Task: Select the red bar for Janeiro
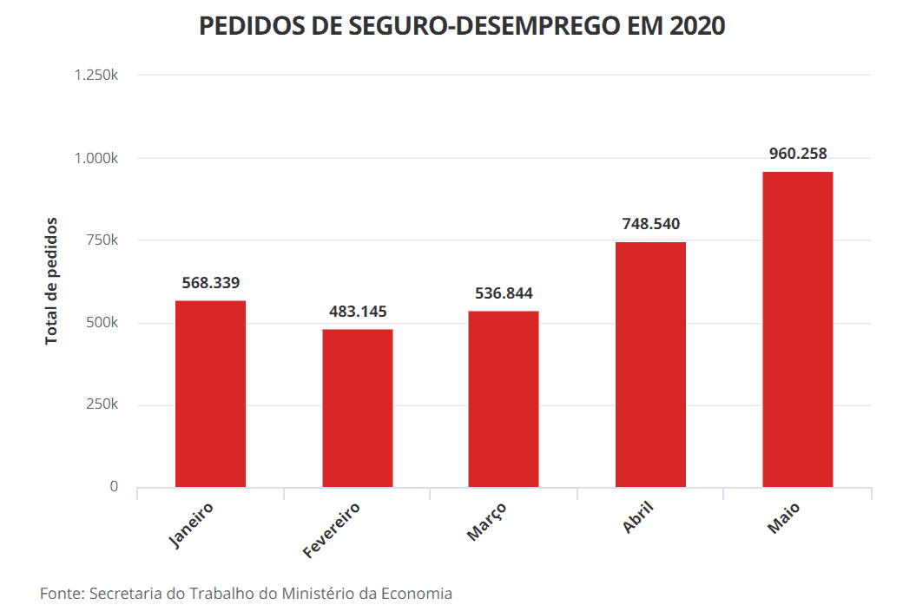(210, 393)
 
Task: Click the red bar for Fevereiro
(357, 408)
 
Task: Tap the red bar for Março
(504, 398)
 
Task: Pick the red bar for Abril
(650, 364)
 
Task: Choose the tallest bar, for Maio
(797, 329)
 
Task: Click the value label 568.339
(211, 283)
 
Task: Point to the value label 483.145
(358, 312)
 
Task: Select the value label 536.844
(504, 293)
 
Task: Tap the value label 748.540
(650, 224)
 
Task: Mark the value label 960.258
(798, 154)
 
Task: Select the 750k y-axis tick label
(101, 240)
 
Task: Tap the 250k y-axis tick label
(101, 404)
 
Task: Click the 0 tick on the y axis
(114, 487)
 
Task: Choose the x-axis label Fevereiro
(332, 529)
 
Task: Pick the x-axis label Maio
(784, 517)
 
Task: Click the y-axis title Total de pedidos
(52, 280)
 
